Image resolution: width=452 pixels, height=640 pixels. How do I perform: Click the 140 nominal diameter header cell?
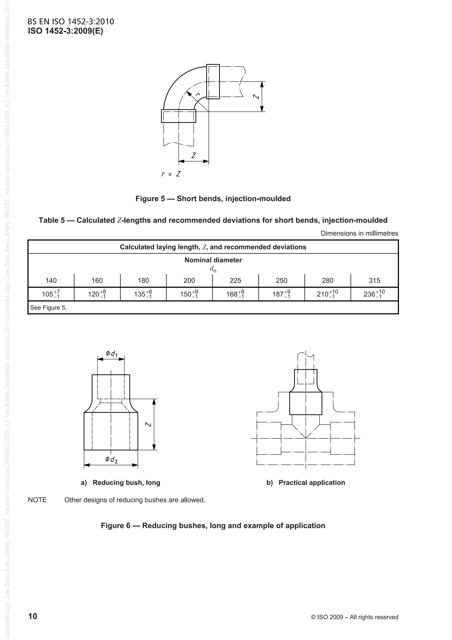pyautogui.click(x=51, y=280)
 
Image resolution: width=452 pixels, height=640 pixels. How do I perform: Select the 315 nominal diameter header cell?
pyautogui.click(x=374, y=280)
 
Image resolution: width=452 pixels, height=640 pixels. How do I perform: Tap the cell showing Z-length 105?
pyautogui.click(x=51, y=294)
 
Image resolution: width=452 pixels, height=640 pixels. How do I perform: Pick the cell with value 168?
pyautogui.click(x=235, y=294)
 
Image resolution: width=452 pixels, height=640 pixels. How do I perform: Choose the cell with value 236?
pyautogui.click(x=374, y=294)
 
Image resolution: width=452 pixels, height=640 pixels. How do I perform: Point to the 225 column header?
pyautogui.click(x=235, y=280)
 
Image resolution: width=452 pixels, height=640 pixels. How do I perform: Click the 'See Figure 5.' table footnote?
pyautogui.click(x=49, y=308)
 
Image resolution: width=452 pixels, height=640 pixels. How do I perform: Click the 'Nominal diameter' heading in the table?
pyautogui.click(x=213, y=260)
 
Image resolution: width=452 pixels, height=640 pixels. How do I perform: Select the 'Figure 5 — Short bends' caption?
pyautogui.click(x=213, y=199)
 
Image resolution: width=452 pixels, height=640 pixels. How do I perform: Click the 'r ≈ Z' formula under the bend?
pyautogui.click(x=171, y=174)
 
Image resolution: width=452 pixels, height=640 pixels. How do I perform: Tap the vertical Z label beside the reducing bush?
pyautogui.click(x=149, y=424)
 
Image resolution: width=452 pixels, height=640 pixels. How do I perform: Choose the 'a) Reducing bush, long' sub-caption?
pyautogui.click(x=121, y=483)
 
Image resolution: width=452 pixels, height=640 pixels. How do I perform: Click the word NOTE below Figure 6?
pyautogui.click(x=37, y=500)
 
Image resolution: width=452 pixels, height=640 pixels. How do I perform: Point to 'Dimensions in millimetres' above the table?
pyautogui.click(x=359, y=233)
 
